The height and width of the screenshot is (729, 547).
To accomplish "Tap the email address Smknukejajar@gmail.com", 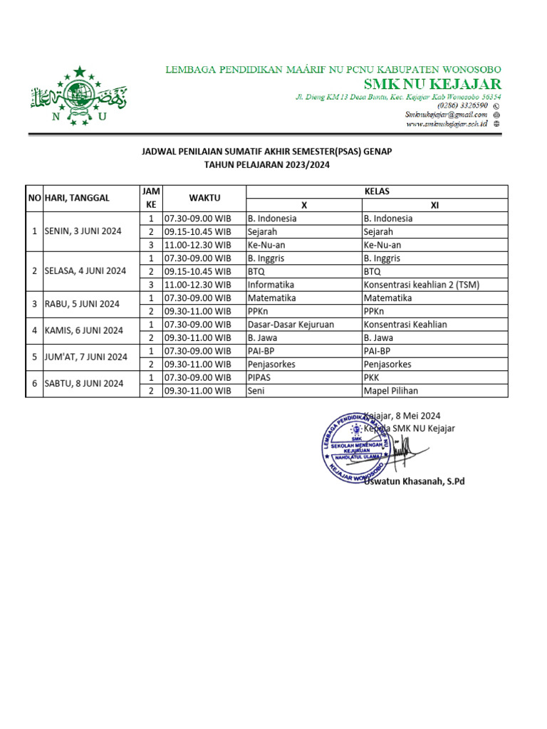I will [x=446, y=114].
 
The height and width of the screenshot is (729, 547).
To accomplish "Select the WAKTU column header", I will [x=204, y=198].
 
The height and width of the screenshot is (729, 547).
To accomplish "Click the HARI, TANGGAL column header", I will [x=78, y=198].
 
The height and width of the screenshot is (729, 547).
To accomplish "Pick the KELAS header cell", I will [x=377, y=192].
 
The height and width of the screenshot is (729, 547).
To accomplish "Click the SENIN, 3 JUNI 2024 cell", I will [x=83, y=231].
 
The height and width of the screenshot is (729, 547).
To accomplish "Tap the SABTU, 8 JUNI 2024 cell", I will [x=83, y=384].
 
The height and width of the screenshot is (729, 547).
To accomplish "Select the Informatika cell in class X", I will [x=271, y=285].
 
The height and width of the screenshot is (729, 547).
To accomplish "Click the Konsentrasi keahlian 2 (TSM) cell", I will [x=421, y=285].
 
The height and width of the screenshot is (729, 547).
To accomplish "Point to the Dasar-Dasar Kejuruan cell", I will [x=291, y=325].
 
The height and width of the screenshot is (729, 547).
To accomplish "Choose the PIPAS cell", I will [x=260, y=377].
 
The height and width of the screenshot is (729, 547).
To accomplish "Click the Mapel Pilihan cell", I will [x=391, y=391].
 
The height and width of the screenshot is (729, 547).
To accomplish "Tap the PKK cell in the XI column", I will [x=372, y=377].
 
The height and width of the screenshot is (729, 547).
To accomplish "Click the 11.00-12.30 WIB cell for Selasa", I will [x=197, y=285].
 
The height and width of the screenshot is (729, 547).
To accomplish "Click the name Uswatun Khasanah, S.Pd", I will [x=414, y=482].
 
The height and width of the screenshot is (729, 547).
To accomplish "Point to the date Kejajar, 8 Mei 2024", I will [x=403, y=416].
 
